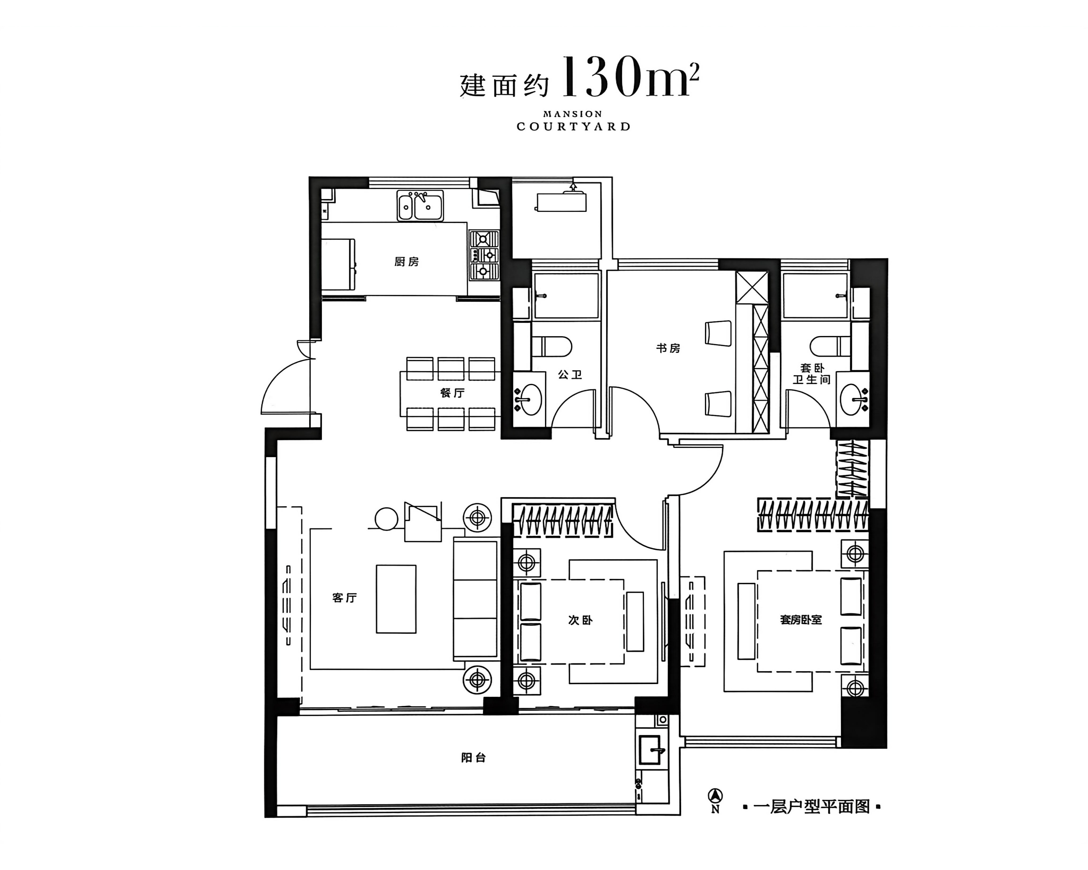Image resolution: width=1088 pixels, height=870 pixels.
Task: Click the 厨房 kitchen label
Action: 407,262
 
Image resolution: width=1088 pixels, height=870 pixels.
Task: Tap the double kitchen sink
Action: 420,206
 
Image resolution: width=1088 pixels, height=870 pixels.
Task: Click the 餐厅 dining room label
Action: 452,393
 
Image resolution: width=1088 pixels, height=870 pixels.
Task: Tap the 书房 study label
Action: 668,348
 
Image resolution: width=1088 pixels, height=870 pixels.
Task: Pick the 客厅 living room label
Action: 345,598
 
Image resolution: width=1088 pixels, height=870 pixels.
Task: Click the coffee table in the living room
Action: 396,599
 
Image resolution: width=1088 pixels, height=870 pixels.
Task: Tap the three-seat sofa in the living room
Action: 475,599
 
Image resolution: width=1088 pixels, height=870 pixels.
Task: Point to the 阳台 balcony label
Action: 473,757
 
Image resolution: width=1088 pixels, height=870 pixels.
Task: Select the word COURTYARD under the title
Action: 573,127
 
